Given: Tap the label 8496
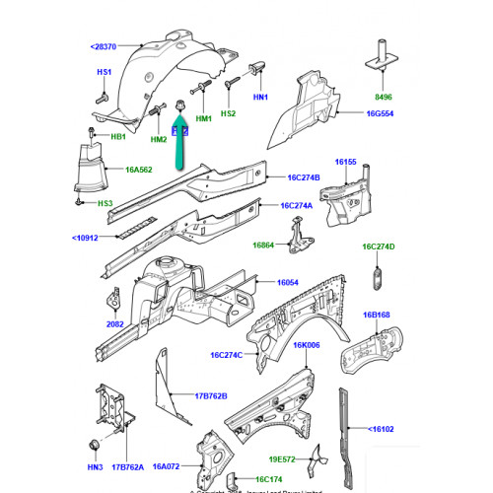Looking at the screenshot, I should click(x=382, y=98).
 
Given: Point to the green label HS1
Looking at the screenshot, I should click(x=104, y=72).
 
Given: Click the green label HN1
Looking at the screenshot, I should click(x=260, y=97).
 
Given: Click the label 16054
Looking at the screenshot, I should click(x=288, y=282).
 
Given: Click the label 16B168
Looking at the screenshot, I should click(x=376, y=316).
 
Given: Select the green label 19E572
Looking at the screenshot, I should click(x=281, y=458).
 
